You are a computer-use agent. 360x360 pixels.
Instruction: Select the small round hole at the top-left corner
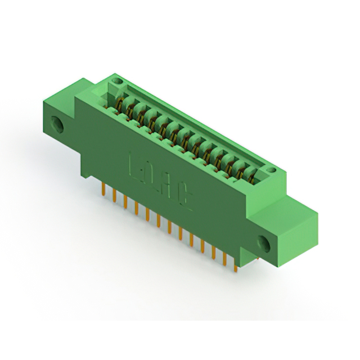pyautogui.click(x=117, y=82)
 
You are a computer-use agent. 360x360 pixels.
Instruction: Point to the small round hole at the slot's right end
pyautogui.click(x=271, y=169)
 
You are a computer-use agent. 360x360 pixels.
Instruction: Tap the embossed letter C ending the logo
pyautogui.click(x=184, y=201)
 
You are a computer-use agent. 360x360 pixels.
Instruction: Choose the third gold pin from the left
pyautogui.click(x=125, y=202)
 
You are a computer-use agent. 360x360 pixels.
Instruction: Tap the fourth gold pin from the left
pyautogui.click(x=136, y=208)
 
